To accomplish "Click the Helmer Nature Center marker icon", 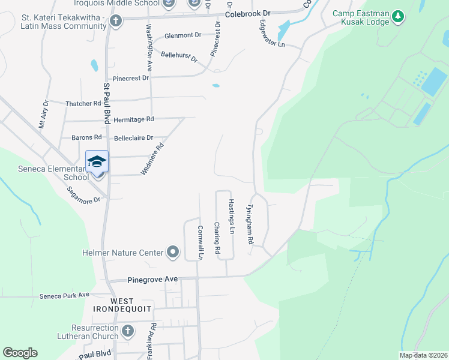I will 173,252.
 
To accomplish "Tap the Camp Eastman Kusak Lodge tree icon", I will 397,18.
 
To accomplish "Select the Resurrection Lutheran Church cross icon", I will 127,331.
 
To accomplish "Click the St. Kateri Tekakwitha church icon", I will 115,22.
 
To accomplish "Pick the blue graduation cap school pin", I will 97,161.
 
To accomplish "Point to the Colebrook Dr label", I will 248,13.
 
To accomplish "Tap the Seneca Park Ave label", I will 64,295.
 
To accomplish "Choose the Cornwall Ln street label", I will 201,242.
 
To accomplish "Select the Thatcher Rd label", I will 83,103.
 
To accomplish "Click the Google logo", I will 20,353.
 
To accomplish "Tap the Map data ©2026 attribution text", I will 423,355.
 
